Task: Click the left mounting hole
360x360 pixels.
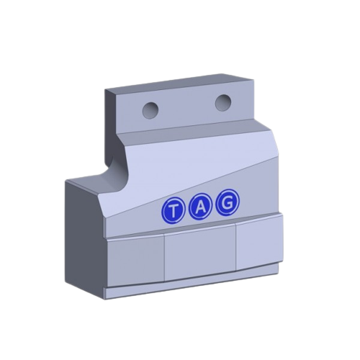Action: (150, 109)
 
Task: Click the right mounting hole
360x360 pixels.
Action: (222, 103)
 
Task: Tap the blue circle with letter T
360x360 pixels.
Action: (174, 211)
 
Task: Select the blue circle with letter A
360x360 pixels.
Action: (199, 207)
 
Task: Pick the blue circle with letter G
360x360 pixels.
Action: (225, 203)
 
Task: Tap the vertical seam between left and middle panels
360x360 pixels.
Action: (165, 259)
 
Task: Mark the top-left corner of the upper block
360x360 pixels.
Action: (105, 89)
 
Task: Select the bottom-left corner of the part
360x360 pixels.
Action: (107, 297)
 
